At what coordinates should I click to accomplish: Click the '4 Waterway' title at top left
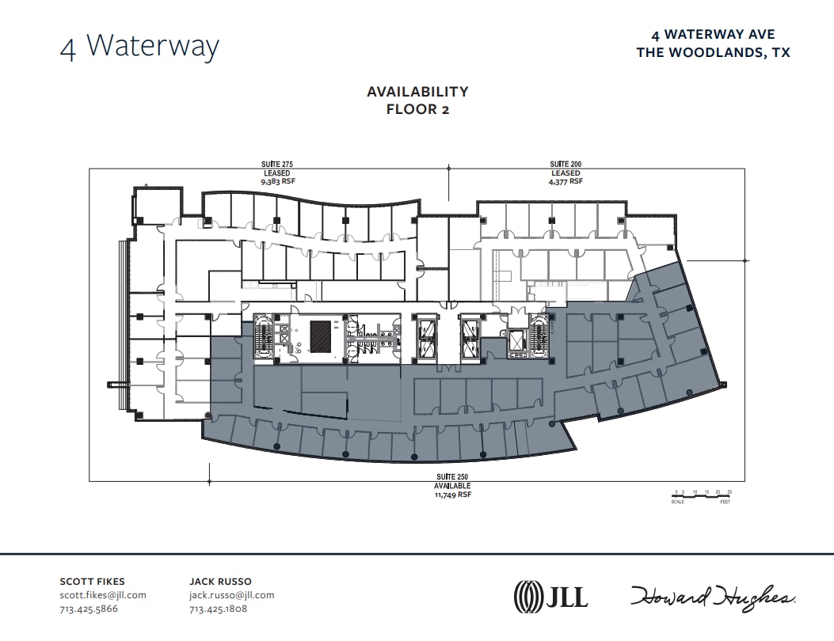(139, 46)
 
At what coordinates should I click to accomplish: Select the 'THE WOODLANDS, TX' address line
(713, 52)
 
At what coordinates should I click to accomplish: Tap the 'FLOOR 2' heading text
(417, 109)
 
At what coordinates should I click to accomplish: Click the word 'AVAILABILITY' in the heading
(417, 92)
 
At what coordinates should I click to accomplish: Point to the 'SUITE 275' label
(277, 165)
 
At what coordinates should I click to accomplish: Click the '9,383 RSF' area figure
(277, 181)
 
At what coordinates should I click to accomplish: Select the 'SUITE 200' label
(566, 165)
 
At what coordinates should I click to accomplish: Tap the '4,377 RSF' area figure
(566, 181)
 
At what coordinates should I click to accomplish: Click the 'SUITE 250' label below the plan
(452, 477)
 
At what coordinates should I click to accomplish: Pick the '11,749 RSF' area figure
(452, 494)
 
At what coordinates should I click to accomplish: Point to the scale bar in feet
(703, 496)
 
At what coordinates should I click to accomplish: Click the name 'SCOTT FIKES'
(93, 582)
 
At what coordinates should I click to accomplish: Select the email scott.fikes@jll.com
(103, 595)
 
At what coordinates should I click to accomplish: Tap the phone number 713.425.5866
(89, 609)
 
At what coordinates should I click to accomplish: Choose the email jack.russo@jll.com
(231, 595)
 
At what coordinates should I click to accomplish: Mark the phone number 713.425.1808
(218, 609)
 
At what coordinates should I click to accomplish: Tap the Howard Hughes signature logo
(713, 597)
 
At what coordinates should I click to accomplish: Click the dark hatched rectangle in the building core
(321, 336)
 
